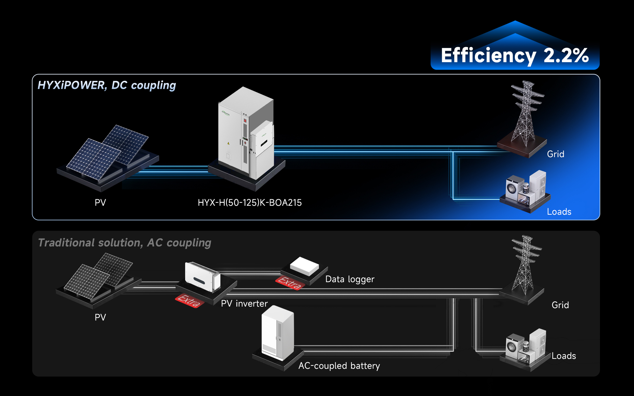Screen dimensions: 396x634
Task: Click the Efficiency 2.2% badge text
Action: (515, 56)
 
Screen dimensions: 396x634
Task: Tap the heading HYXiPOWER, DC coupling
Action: (106, 85)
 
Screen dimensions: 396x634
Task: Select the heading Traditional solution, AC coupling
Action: (124, 243)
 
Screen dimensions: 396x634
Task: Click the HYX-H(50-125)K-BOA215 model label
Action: (250, 203)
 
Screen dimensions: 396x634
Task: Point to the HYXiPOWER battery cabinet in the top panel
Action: (245, 133)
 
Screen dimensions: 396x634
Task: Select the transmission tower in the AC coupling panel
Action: (525, 265)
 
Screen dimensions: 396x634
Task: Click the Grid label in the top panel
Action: (555, 154)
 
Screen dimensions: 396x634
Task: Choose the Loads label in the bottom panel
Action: (563, 356)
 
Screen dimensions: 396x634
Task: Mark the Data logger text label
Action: (350, 279)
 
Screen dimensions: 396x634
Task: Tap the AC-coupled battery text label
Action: (339, 366)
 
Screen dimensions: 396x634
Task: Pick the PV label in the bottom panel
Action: (100, 317)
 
